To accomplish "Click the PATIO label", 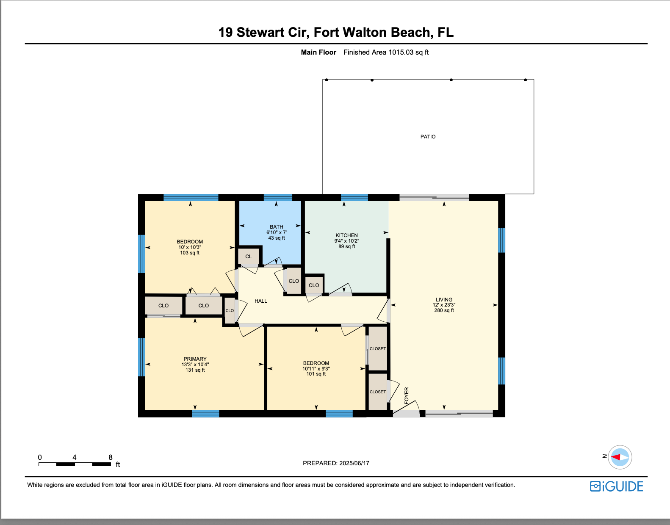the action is pyautogui.click(x=428, y=136).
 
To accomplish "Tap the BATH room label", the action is pyautogui.click(x=276, y=227).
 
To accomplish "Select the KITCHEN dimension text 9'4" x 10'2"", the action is pyautogui.click(x=346, y=241).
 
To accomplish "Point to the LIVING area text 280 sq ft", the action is pyautogui.click(x=444, y=310).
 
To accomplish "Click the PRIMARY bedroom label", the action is pyautogui.click(x=195, y=359).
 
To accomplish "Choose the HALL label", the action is pyautogui.click(x=261, y=301).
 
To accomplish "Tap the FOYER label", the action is pyautogui.click(x=407, y=395).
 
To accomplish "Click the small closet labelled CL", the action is pyautogui.click(x=249, y=257).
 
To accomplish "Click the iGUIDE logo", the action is pyautogui.click(x=617, y=486).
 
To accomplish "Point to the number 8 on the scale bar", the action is pyautogui.click(x=111, y=457).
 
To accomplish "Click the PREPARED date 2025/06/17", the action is pyautogui.click(x=354, y=463).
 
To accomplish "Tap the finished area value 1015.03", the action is pyautogui.click(x=401, y=52).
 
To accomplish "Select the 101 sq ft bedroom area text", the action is pyautogui.click(x=316, y=374).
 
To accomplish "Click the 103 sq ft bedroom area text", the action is pyautogui.click(x=190, y=253).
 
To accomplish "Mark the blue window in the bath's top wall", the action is pyautogui.click(x=278, y=197).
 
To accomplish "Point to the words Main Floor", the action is pyautogui.click(x=318, y=52).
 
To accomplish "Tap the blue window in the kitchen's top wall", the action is pyautogui.click(x=354, y=197).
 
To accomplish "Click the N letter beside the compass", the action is pyautogui.click(x=605, y=456).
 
